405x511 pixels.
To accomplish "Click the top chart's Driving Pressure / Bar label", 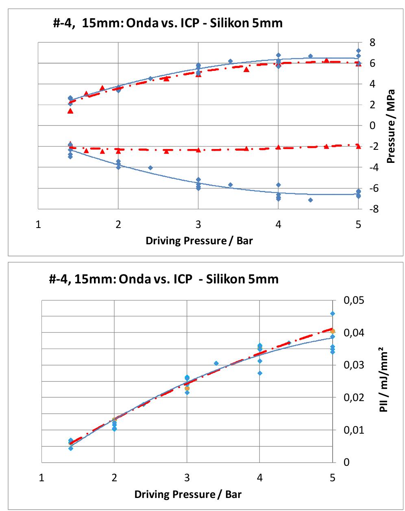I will pos(199,241).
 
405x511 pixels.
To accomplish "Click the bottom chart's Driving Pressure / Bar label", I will pos(188,494).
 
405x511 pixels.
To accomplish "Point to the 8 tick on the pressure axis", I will pos(372,42).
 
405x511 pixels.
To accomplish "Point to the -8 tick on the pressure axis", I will pos(370,209).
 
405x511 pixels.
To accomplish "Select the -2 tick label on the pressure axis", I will pos(370,147).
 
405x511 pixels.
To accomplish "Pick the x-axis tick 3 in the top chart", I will pos(198,224).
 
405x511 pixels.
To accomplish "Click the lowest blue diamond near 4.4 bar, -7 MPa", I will pos(310,200).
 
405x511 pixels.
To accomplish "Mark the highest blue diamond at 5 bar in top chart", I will pos(358,51).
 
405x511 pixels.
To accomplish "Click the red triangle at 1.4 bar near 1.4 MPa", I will pos(70,111).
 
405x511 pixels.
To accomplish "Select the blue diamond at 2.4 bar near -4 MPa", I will pos(150,168).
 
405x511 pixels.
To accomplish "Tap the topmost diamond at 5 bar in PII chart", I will pos(333,314).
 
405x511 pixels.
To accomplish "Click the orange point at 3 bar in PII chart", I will pos(187,388).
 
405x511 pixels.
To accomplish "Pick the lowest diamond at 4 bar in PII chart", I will pos(260,373).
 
